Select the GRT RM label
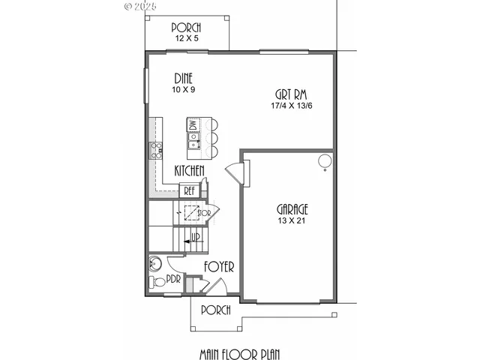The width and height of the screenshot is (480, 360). pyautogui.click(x=292, y=95)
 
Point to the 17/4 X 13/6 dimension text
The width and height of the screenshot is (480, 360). pyautogui.click(x=292, y=106)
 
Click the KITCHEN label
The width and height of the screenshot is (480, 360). pyautogui.click(x=189, y=172)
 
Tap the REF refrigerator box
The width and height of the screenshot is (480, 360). pyautogui.click(x=189, y=190)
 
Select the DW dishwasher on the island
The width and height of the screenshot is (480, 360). pyautogui.click(x=193, y=125)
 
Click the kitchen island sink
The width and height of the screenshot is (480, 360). pyautogui.click(x=193, y=138)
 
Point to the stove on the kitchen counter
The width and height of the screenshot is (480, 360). pyautogui.click(x=157, y=151)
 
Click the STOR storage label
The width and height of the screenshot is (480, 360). pyautogui.click(x=204, y=213)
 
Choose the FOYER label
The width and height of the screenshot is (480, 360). pyautogui.click(x=219, y=267)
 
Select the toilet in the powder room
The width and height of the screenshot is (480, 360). pyautogui.click(x=156, y=283)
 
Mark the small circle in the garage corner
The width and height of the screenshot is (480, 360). pyautogui.click(x=324, y=160)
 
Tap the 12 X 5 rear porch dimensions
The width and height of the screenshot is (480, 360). pyautogui.click(x=185, y=37)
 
